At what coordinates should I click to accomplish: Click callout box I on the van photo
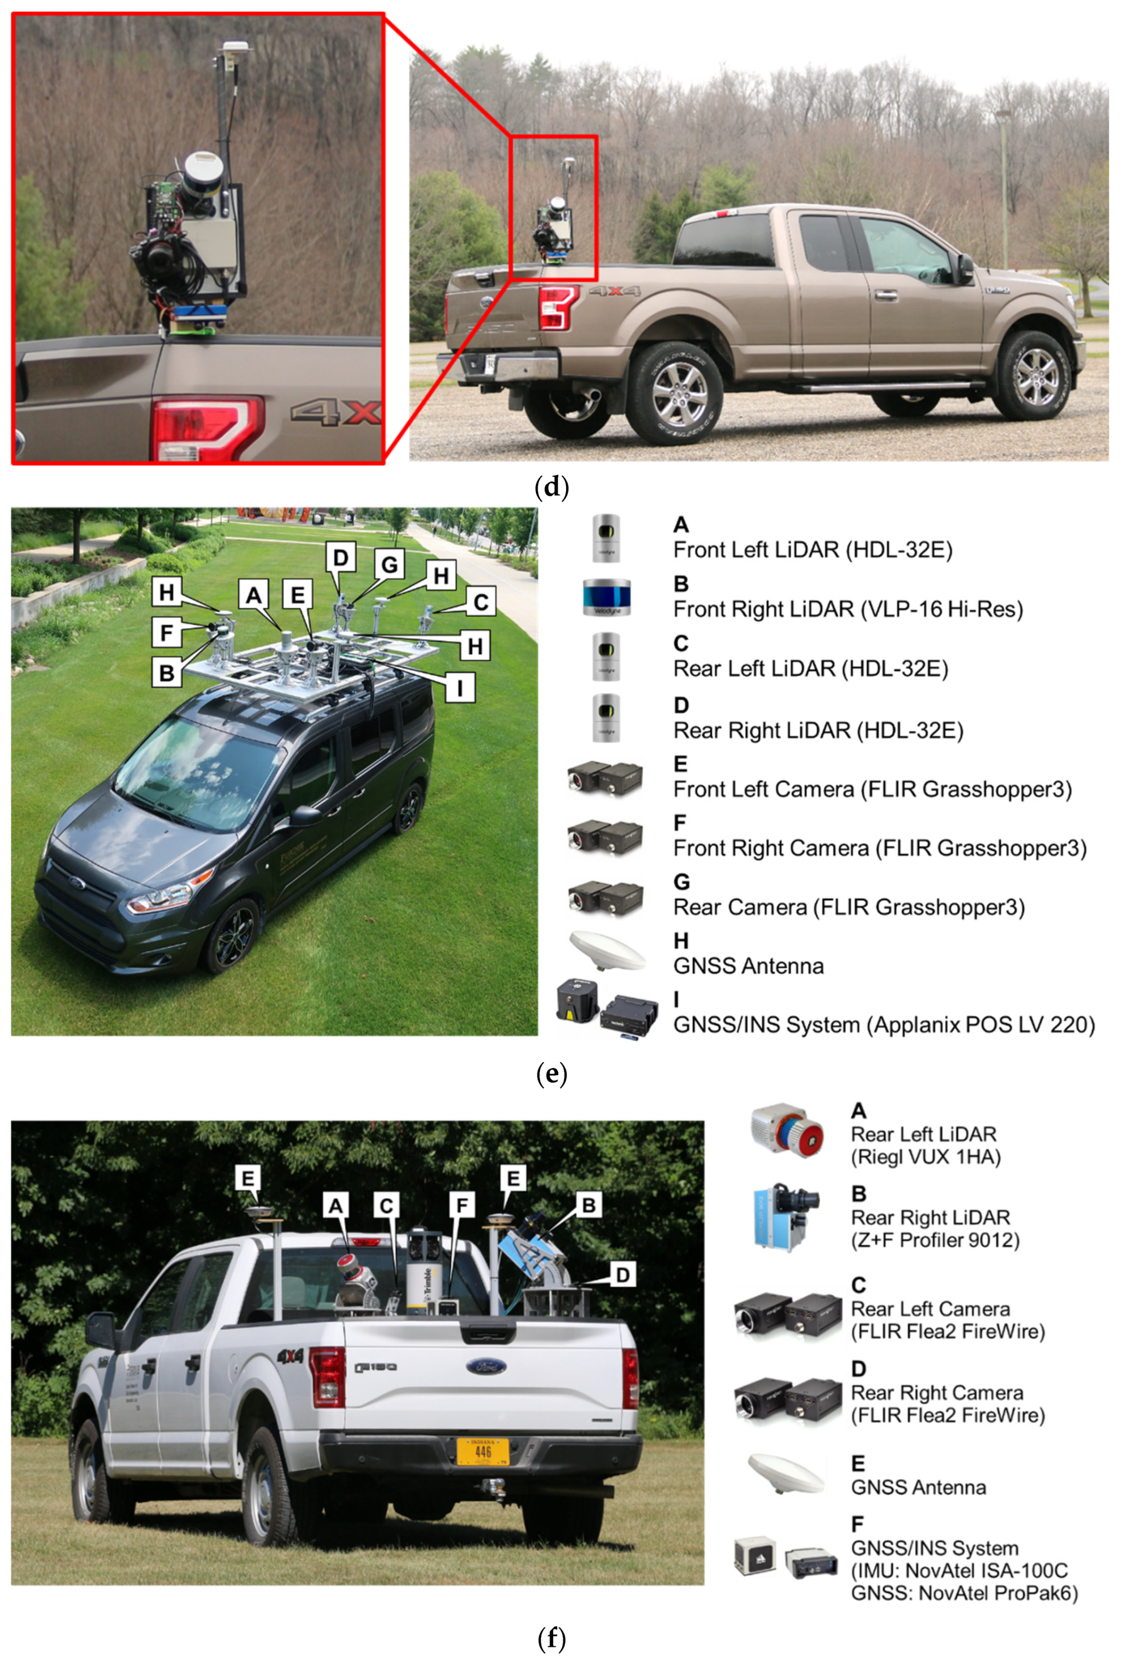pyautogui.click(x=460, y=688)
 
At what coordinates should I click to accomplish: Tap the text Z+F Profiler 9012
pyautogui.click(x=934, y=1240)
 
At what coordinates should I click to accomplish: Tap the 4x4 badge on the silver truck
pyautogui.click(x=290, y=1355)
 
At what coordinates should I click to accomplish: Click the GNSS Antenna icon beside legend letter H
pyautogui.click(x=606, y=951)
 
